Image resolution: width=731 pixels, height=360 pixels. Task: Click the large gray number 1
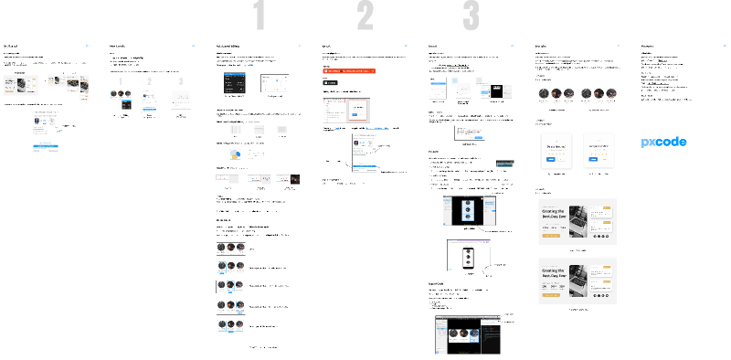260,16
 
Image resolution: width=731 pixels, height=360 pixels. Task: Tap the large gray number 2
365,16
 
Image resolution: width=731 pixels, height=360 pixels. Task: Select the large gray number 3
471,16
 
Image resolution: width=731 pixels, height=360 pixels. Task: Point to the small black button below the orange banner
330,81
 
